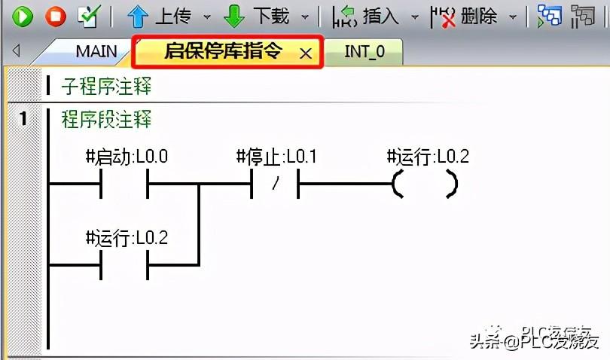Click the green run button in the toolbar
click(x=22, y=16)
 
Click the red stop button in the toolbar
click(x=55, y=16)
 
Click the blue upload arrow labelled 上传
click(x=137, y=16)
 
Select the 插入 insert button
click(x=343, y=16)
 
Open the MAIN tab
click(x=96, y=52)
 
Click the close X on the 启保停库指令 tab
click(x=305, y=53)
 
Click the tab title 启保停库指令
click(x=223, y=52)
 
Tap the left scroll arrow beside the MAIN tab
click(x=16, y=52)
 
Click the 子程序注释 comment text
click(x=106, y=86)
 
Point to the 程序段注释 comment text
click(x=106, y=119)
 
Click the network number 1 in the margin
click(x=23, y=119)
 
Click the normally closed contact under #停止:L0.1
click(x=275, y=184)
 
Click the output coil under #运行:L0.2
click(x=425, y=184)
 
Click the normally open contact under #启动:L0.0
click(x=124, y=184)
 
